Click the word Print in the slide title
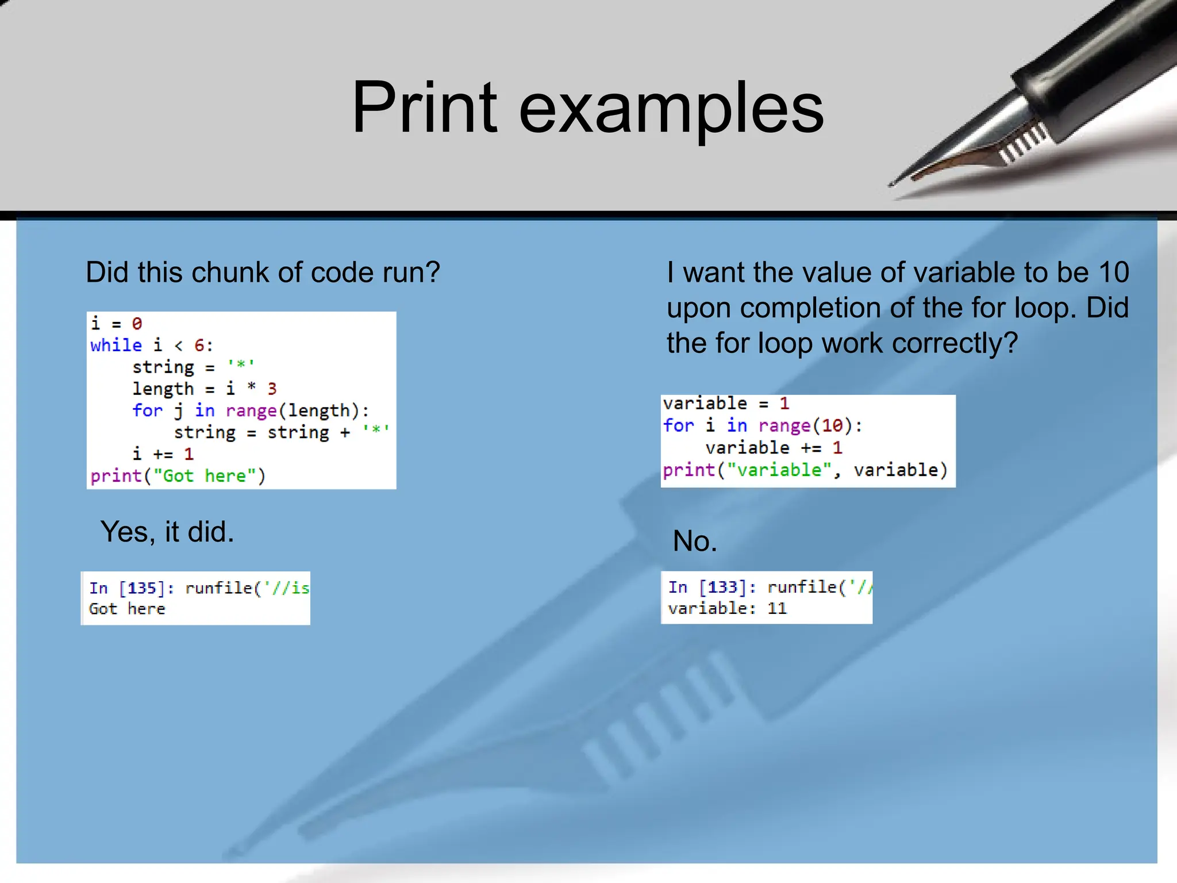coord(424,108)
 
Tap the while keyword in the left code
coord(116,345)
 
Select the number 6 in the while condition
coord(199,345)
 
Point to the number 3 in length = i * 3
coord(272,389)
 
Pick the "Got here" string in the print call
coord(205,476)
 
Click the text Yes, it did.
coord(167,532)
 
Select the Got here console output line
coord(127,609)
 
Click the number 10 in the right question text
coord(1114,272)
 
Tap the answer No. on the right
coord(695,542)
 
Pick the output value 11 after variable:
coord(777,608)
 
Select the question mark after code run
coord(432,272)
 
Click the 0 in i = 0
coord(137,324)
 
